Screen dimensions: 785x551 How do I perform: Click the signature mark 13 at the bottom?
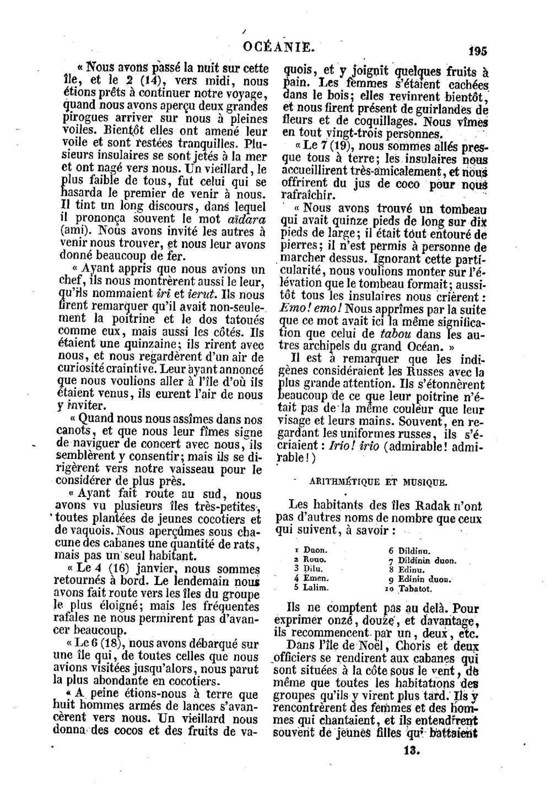412,750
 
